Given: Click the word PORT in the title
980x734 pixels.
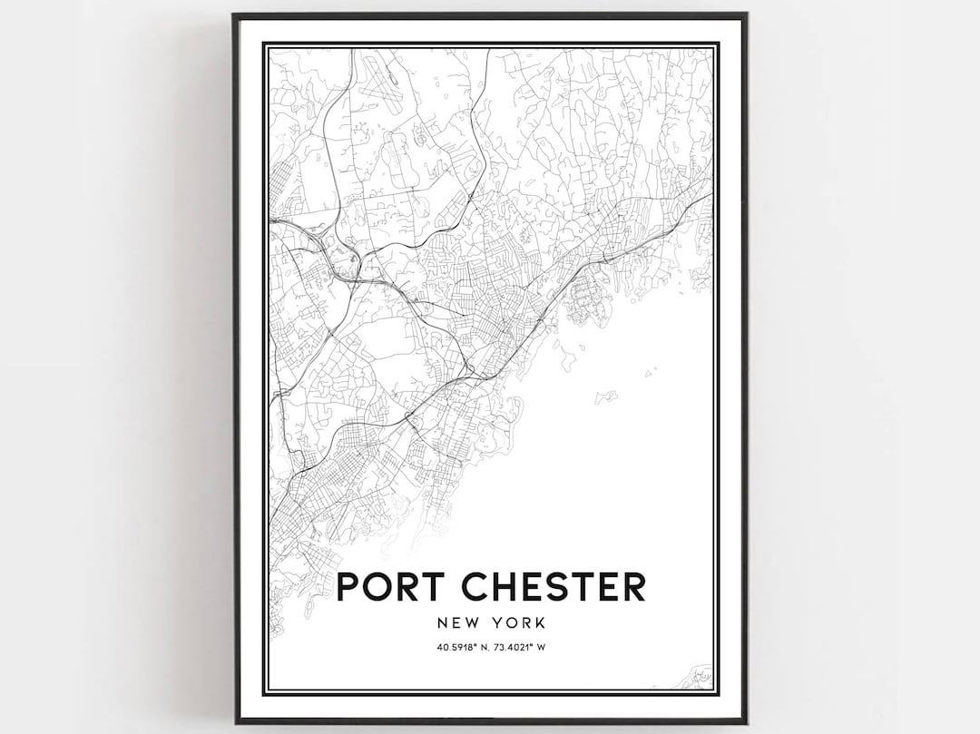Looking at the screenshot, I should tap(392, 586).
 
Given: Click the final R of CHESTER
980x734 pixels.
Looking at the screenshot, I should tap(632, 586).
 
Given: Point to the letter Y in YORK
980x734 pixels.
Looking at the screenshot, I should tap(499, 623).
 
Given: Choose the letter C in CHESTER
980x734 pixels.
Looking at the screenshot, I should tap(477, 586).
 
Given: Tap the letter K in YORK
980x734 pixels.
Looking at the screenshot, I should tap(543, 623).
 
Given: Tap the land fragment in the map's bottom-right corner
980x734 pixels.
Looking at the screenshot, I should tap(701, 675).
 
